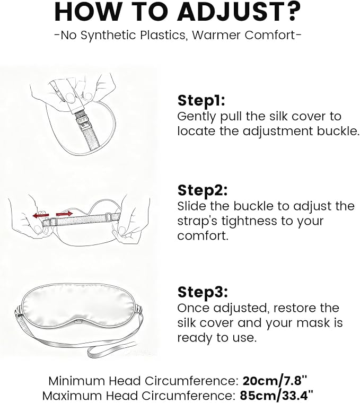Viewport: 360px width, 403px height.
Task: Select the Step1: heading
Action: coord(201,101)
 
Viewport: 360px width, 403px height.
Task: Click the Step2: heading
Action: coord(203,190)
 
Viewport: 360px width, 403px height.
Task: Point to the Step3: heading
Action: coord(203,292)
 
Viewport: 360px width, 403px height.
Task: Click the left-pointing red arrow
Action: coord(41,215)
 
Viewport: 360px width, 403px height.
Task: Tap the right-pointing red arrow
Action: coord(64,213)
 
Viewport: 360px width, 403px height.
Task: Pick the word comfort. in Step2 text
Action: coord(203,235)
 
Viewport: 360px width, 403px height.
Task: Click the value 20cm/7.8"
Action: coord(275,381)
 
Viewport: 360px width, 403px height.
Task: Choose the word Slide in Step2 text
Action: coord(192,206)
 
